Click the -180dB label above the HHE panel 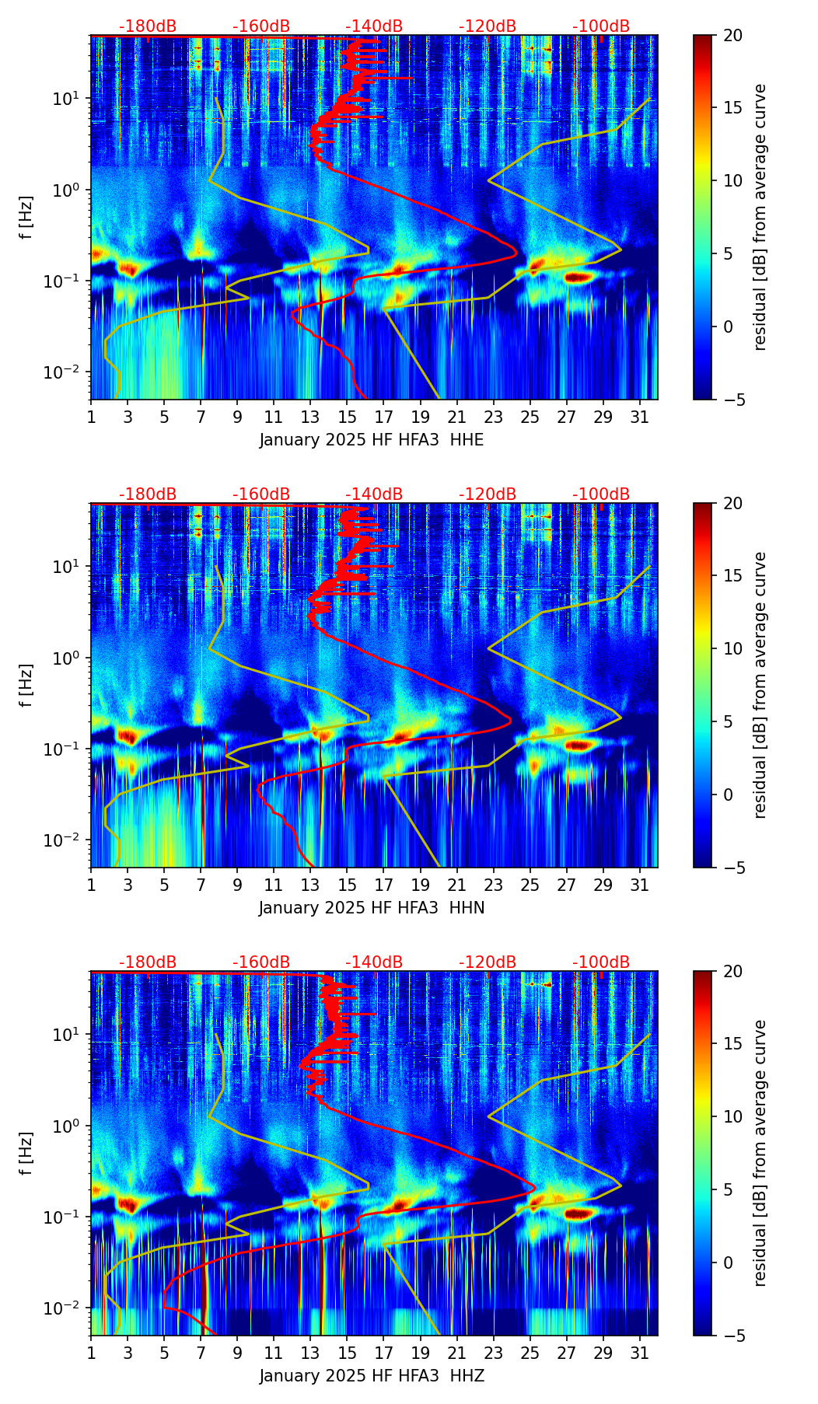pos(148,26)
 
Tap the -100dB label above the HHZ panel pos(601,962)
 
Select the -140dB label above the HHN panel pos(374,494)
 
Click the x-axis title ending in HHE pos(372,440)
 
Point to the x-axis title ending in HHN pos(372,908)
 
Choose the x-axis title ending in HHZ pos(372,1376)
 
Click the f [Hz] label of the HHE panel pos(27,218)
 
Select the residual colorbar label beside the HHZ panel pos(760,1153)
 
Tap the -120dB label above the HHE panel pos(488,26)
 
